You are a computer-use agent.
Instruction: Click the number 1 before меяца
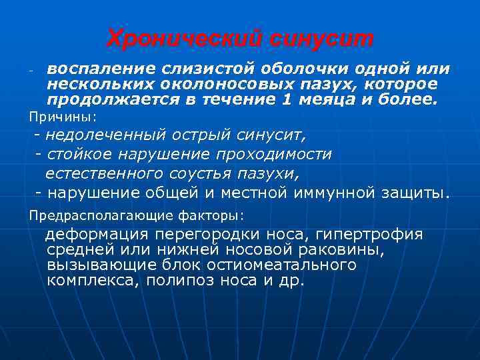[x=287, y=100]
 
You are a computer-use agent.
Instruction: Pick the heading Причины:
[x=62, y=117]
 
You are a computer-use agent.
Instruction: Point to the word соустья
[x=200, y=174]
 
